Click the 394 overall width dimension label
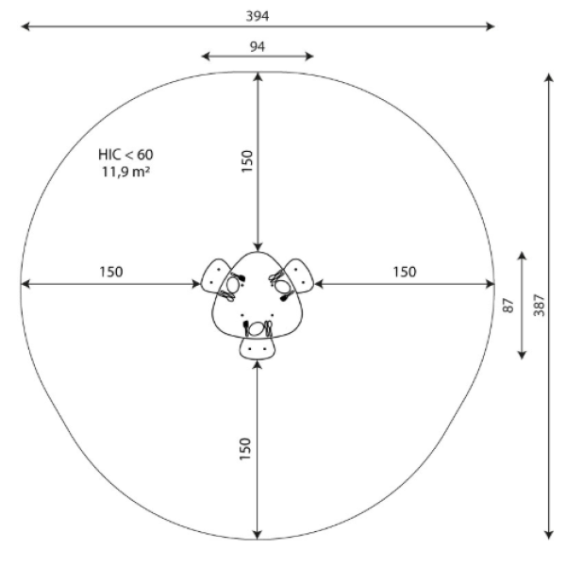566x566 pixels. point(258,16)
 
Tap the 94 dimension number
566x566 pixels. point(258,46)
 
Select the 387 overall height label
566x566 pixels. point(539,305)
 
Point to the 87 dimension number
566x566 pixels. point(508,306)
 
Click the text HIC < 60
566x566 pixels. point(125,155)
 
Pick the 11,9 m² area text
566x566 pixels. point(125,172)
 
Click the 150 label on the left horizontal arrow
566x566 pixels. point(111,272)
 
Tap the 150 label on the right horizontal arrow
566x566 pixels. point(405,272)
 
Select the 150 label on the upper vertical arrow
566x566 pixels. point(247,161)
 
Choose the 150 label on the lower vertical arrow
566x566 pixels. point(245,449)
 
